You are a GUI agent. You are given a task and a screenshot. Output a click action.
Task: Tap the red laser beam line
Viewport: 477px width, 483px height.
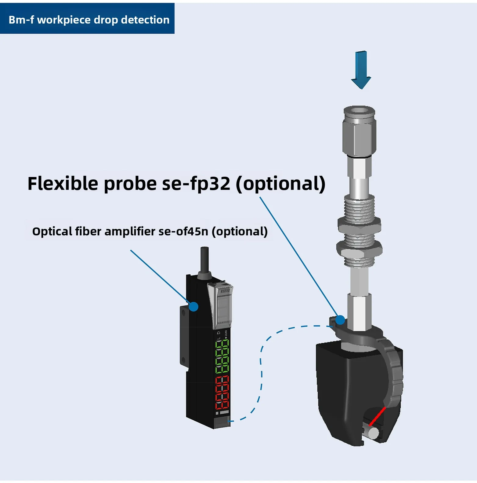coord(377,416)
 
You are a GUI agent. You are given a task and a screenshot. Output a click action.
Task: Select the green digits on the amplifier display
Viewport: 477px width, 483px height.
coord(222,356)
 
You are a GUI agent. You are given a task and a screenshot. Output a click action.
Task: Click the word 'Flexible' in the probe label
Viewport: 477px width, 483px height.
coord(63,184)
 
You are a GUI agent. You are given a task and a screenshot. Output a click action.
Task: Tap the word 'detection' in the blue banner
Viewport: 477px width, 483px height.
coord(145,20)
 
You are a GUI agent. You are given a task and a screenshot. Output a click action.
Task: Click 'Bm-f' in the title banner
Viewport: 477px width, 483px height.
coord(21,20)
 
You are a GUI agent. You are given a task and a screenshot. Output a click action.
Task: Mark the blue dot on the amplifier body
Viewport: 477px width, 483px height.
coord(193,306)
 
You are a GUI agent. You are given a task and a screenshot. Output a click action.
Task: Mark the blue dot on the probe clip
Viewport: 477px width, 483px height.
coord(340,320)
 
